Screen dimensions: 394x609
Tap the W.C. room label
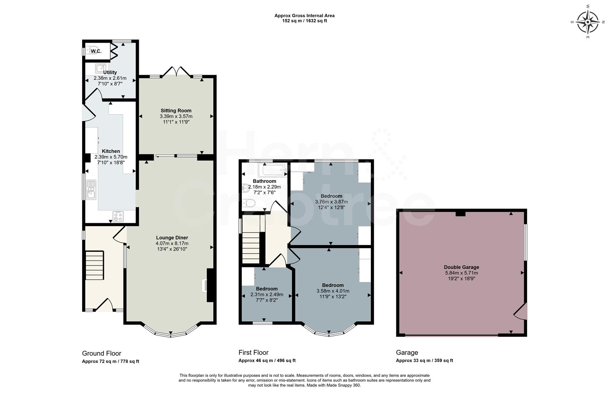click(96, 51)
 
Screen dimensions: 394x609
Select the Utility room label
click(110, 73)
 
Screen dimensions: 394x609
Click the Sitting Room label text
click(176, 111)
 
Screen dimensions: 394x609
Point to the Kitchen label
click(111, 151)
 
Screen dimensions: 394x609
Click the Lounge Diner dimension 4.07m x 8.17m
click(172, 243)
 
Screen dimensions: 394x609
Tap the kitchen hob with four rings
click(118, 217)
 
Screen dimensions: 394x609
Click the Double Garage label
click(461, 267)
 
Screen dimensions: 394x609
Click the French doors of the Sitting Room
click(177, 72)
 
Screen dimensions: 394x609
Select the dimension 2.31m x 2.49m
click(267, 294)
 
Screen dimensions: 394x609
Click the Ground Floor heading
click(102, 353)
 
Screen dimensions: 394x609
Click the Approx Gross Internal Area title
click(304, 16)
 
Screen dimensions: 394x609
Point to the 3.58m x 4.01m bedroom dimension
click(333, 291)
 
